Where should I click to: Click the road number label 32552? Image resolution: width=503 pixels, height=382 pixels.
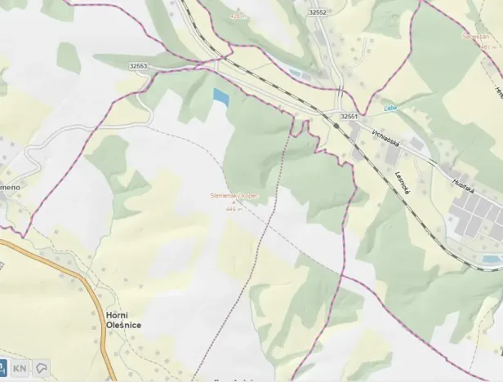pyautogui.click(x=318, y=12)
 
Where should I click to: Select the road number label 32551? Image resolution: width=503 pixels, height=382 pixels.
pyautogui.click(x=349, y=117)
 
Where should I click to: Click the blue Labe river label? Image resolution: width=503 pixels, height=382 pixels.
pyautogui.click(x=391, y=108)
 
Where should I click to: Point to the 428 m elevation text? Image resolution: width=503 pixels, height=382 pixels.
pyautogui.click(x=238, y=16)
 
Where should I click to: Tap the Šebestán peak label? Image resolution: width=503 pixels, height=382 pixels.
pyautogui.click(x=474, y=36)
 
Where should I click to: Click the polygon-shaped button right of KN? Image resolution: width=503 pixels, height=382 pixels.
pyautogui.click(x=40, y=368)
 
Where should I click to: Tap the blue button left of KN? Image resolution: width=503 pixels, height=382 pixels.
pyautogui.click(x=2, y=368)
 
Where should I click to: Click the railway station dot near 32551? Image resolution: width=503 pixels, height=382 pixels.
pyautogui.click(x=336, y=127)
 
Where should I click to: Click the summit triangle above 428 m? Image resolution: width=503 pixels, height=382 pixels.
pyautogui.click(x=238, y=7)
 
